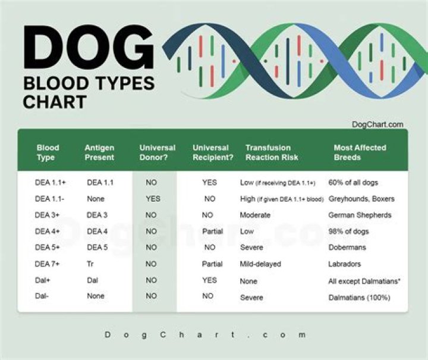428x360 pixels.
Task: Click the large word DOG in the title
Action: [x=88, y=49]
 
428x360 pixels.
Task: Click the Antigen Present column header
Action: [x=99, y=152]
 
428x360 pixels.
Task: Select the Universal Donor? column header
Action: [x=158, y=152]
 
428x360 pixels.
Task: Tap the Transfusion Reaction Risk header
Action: [x=272, y=152]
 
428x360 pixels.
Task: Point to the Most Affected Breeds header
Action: [x=360, y=152]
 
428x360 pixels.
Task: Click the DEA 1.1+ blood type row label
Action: [x=50, y=183]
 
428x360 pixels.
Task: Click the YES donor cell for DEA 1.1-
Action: [x=153, y=199]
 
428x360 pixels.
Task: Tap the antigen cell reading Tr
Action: [x=90, y=264]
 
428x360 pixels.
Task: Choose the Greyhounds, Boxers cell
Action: [x=361, y=199]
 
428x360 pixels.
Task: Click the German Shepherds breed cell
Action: [x=360, y=215]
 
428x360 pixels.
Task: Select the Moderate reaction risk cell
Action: [x=255, y=215]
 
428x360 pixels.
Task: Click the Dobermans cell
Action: [x=347, y=247]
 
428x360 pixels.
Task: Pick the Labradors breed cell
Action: [x=345, y=264]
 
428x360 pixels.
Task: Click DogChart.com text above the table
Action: [x=377, y=124]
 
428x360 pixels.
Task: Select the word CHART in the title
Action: [x=55, y=101]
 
